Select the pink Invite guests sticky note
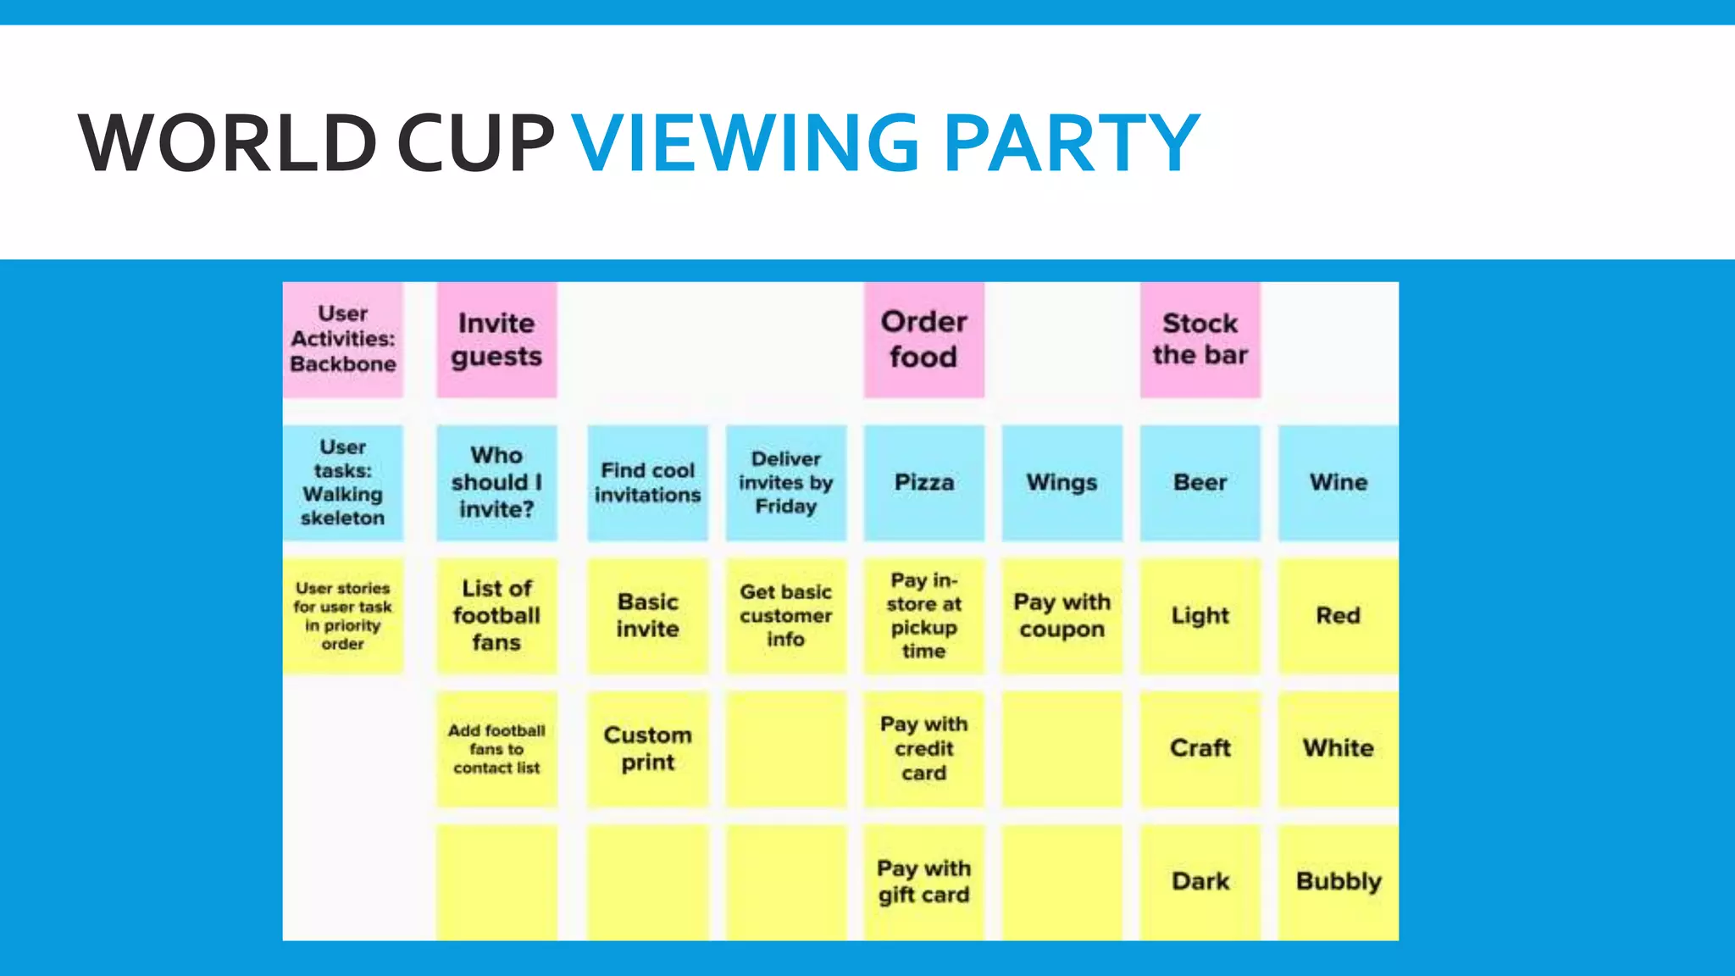pyautogui.click(x=496, y=340)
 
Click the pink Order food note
pyautogui.click(x=923, y=340)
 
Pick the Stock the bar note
pyautogui.click(x=1200, y=340)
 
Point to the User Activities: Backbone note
pyautogui.click(x=343, y=340)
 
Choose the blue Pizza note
pyautogui.click(x=923, y=482)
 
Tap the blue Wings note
pyautogui.click(x=1062, y=482)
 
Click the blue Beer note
pyautogui.click(x=1200, y=482)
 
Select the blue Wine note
pyautogui.click(x=1338, y=482)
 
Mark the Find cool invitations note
pyautogui.click(x=647, y=482)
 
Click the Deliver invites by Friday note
pyautogui.click(x=785, y=482)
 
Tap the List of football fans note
pyautogui.click(x=496, y=615)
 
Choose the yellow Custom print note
pyautogui.click(x=647, y=748)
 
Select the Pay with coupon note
pyautogui.click(x=1062, y=615)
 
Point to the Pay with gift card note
pyautogui.click(x=923, y=881)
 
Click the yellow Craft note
pyautogui.click(x=1200, y=748)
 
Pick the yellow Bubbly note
pyautogui.click(x=1338, y=881)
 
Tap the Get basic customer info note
pyautogui.click(x=785, y=615)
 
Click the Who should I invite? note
pyautogui.click(x=496, y=482)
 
